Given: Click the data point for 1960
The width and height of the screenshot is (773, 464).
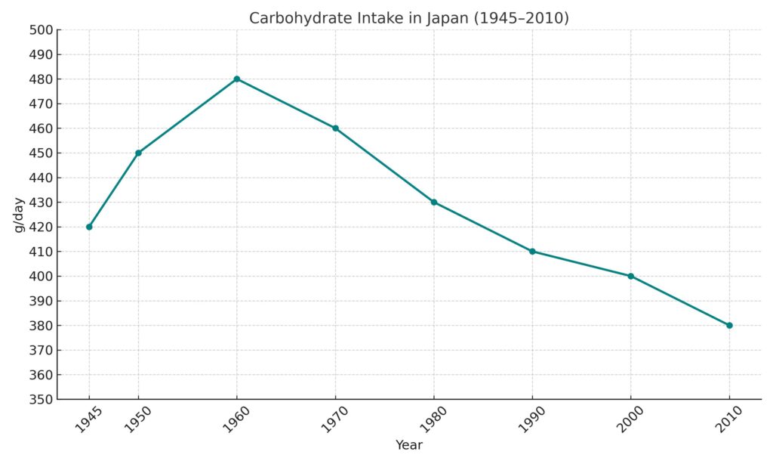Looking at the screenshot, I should pos(237,79).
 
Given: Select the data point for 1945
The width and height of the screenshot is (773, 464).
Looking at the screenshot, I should pos(89,227).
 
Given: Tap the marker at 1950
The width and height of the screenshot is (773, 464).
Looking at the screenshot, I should pos(138,153).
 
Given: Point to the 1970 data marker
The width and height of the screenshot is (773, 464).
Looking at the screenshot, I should pos(335,128).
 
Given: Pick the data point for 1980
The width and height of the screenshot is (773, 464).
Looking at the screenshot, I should pos(434,202).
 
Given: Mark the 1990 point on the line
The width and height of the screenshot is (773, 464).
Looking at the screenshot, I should pos(532,252).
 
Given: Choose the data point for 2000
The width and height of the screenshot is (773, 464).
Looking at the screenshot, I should pos(631,276).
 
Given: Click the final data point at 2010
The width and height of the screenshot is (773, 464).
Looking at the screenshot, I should pos(729,325).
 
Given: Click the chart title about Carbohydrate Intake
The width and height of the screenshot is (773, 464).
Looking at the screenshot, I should pos(408,18).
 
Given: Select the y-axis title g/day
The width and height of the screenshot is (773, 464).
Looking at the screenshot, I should pos(20,215).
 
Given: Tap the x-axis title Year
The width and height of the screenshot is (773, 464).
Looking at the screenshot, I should pos(409,445).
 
